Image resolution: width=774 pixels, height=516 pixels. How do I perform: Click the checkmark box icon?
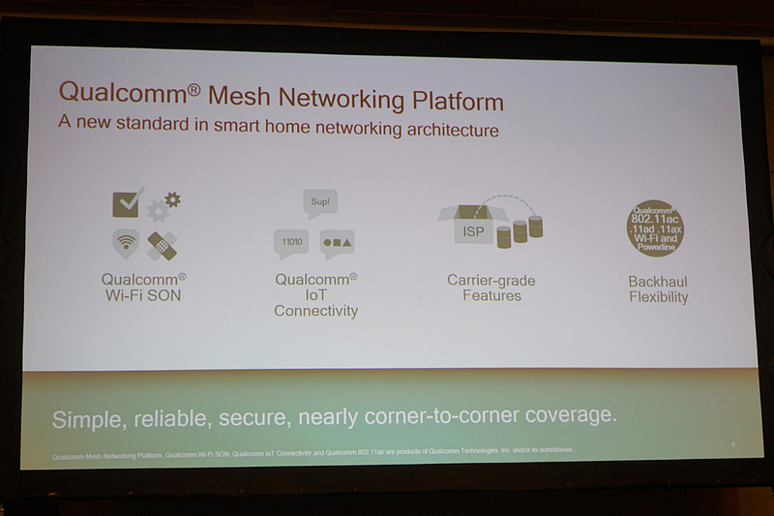pos(128,203)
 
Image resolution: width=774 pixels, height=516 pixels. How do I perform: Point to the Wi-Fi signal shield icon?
pos(127,243)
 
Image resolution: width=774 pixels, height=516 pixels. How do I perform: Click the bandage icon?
pos(162,245)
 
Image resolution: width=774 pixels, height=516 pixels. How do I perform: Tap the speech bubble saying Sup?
pos(319,203)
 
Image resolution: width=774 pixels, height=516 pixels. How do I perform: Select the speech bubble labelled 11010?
pos(290,242)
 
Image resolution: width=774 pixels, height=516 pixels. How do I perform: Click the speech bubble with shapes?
pos(337,242)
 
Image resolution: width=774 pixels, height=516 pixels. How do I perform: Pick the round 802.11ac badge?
pos(655,228)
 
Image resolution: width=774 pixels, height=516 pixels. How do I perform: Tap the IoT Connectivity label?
pos(315,294)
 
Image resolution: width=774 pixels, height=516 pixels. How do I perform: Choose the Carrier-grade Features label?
pos(491,288)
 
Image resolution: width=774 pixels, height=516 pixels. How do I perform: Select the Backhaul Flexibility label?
pos(658,289)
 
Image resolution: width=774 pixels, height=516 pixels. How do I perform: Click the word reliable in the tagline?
pos(177,417)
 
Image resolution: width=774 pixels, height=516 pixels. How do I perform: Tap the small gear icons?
pos(164,206)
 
